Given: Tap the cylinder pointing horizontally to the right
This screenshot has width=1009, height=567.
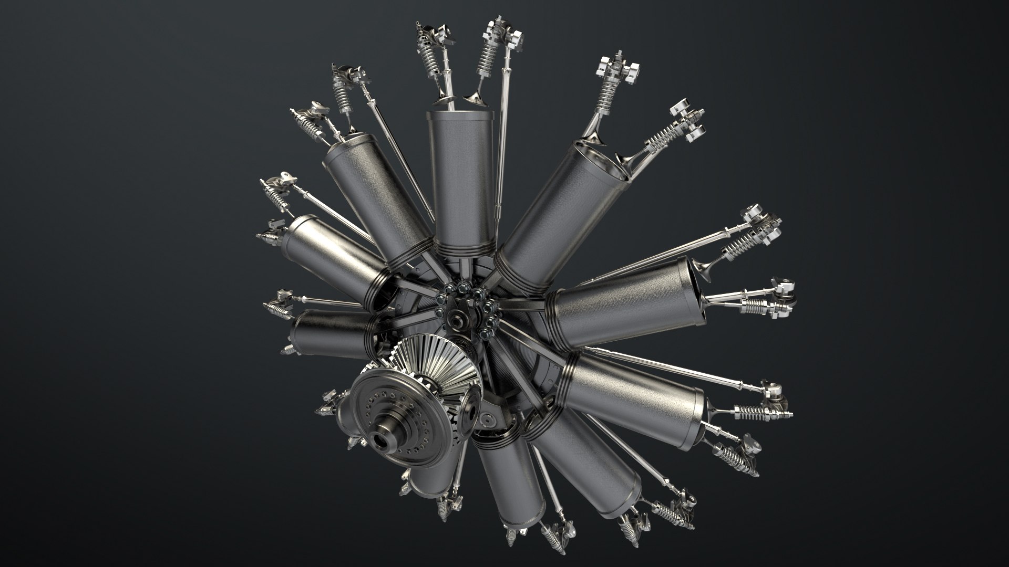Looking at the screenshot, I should click(620, 304).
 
